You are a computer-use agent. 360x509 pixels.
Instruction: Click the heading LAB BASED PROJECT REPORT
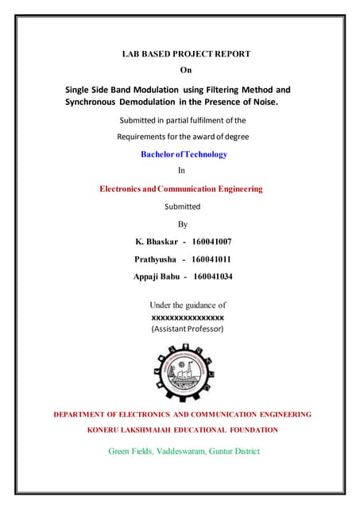tap(185, 54)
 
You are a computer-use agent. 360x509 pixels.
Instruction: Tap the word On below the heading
tap(187, 71)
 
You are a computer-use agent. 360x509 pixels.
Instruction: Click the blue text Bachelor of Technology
tap(184, 154)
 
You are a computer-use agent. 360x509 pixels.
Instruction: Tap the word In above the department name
tap(181, 170)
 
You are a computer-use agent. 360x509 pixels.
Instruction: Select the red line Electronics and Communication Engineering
tap(180, 189)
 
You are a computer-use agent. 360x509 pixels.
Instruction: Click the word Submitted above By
tap(182, 206)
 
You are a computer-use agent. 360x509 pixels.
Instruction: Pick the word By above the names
tap(183, 223)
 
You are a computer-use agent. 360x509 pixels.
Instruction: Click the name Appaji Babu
tap(156, 277)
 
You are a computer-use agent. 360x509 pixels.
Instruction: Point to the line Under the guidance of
tap(188, 305)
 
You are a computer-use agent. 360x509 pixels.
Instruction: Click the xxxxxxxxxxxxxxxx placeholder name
tap(188, 317)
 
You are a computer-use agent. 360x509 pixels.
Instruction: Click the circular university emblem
tap(181, 370)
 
